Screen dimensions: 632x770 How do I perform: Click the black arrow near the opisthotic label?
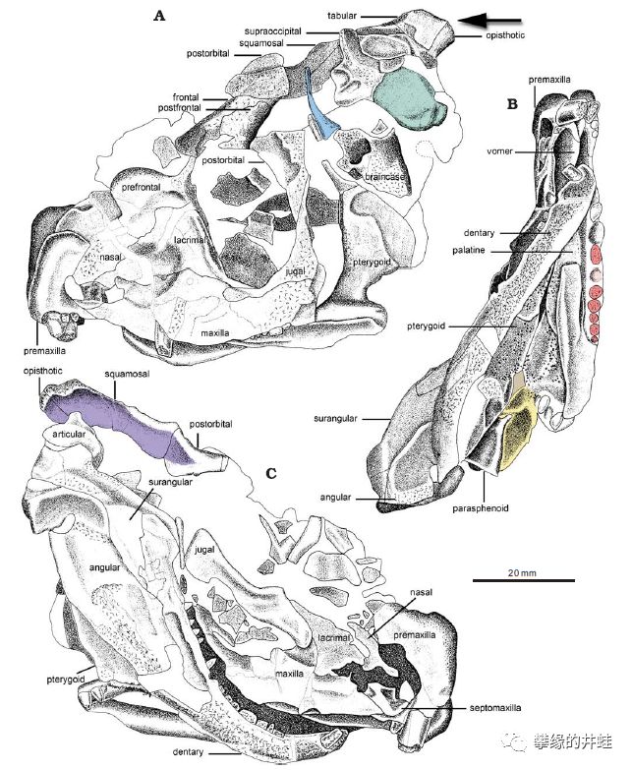(x=489, y=21)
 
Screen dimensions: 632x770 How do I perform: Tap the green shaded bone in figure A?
(x=410, y=99)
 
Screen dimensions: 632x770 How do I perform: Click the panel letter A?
(x=159, y=16)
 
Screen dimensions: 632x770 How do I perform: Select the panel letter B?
(x=512, y=104)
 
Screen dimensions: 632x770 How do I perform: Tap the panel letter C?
(x=271, y=474)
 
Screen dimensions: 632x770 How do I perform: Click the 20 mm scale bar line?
(x=524, y=580)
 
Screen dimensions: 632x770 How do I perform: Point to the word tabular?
(x=342, y=16)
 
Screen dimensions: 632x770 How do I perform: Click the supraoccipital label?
(x=273, y=31)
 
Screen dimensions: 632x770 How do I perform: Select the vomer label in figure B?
(x=499, y=151)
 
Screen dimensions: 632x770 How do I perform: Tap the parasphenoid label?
(x=481, y=508)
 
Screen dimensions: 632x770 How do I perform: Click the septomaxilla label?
(x=495, y=708)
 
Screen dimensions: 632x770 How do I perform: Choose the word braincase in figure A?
(x=384, y=177)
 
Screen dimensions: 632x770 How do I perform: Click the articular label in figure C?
(x=69, y=434)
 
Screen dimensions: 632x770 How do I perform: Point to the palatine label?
(x=469, y=251)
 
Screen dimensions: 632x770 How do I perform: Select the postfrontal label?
(x=179, y=107)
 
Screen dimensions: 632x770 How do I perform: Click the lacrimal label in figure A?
(x=190, y=240)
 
